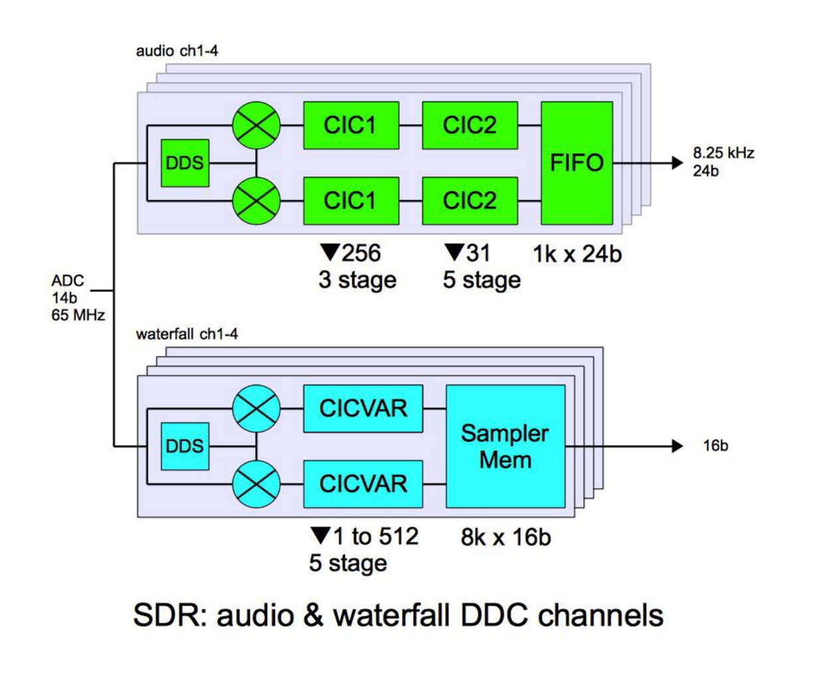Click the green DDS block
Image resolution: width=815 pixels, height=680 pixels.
pos(185,163)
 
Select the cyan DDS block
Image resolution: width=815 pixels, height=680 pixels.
pos(185,446)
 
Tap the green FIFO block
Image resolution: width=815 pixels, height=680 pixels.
pos(577,163)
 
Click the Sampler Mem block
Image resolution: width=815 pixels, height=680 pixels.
pos(505,446)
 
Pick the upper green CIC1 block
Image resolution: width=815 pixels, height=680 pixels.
pos(351,125)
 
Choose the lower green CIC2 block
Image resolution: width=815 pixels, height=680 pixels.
pos(470,201)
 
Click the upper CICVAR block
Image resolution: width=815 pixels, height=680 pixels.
pos(363,408)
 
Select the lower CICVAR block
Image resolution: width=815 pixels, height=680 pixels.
pos(363,483)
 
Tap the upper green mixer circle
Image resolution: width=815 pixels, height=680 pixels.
pos(256,125)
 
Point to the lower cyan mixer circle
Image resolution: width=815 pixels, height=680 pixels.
pos(256,483)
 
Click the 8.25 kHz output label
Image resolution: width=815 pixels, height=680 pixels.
pos(723,153)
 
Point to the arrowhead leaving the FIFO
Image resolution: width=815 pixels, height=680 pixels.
pos(677,163)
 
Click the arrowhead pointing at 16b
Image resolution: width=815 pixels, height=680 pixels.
pos(677,446)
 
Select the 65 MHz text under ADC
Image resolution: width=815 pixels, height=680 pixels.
pos(78,315)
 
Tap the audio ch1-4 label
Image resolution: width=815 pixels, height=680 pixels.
pos(177,51)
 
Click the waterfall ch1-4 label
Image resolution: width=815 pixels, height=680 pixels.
pos(187,334)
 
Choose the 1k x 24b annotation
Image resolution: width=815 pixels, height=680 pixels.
pos(577,254)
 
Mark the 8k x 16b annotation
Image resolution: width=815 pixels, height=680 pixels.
pos(505,537)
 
